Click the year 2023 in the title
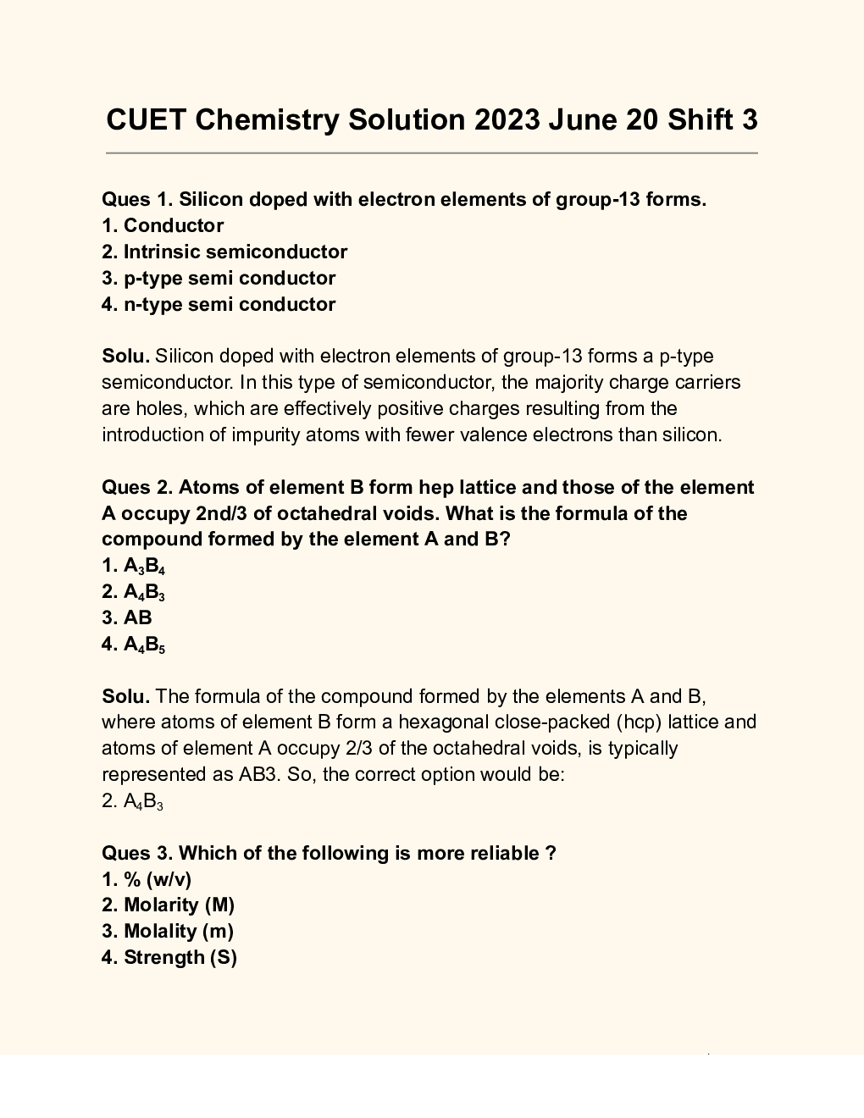pos(507,120)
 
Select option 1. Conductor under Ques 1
pos(163,226)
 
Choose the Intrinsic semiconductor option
pos(224,252)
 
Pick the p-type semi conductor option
pos(219,279)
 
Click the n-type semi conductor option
pos(219,305)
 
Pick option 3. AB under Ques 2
pos(127,618)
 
